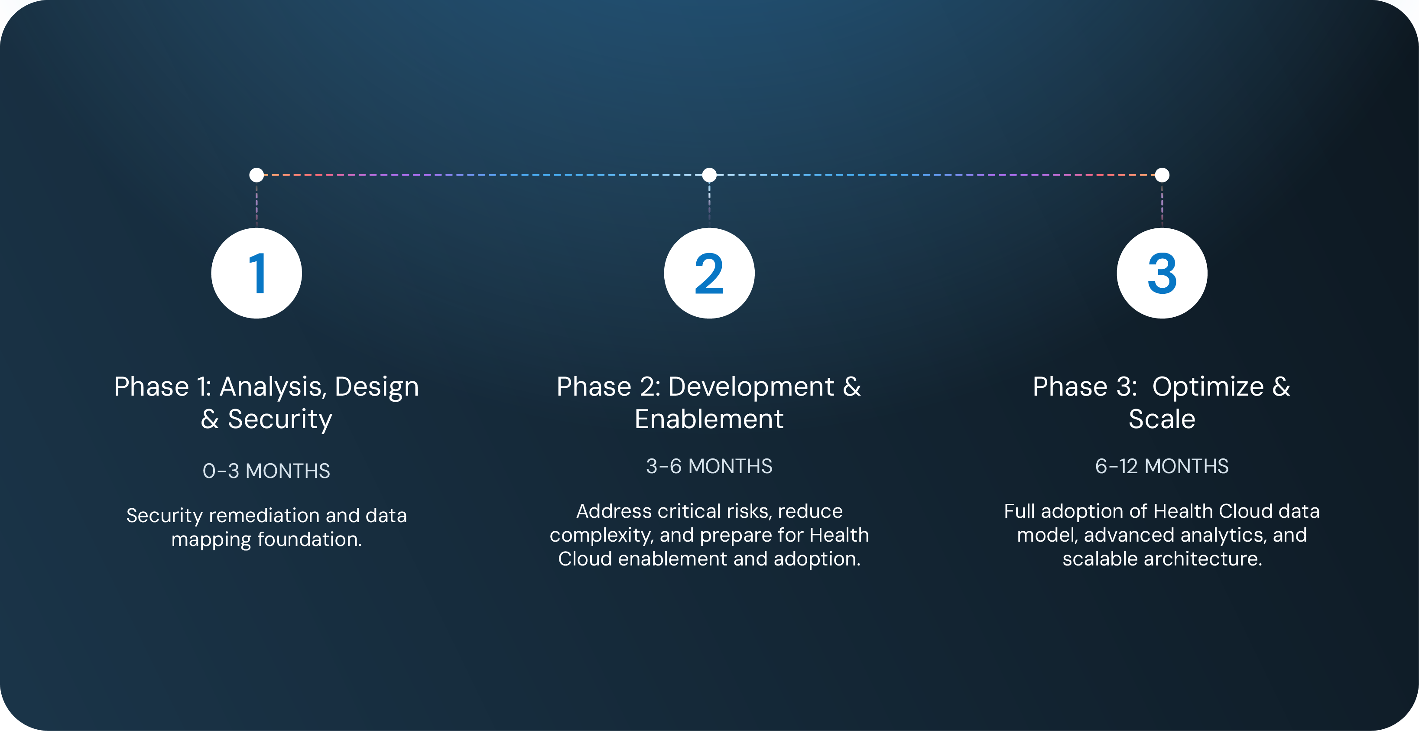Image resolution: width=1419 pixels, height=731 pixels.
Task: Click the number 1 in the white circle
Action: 257,274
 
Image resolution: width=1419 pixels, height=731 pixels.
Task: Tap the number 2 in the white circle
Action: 709,274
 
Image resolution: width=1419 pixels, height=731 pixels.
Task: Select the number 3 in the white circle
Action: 1162,274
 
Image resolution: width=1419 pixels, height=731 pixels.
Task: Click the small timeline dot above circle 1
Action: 257,175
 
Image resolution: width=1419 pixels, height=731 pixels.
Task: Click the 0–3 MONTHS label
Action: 266,471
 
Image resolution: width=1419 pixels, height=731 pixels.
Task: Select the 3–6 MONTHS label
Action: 709,467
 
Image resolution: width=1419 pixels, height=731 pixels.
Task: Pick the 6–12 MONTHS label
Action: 1162,467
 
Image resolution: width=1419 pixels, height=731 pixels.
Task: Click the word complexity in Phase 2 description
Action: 601,536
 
